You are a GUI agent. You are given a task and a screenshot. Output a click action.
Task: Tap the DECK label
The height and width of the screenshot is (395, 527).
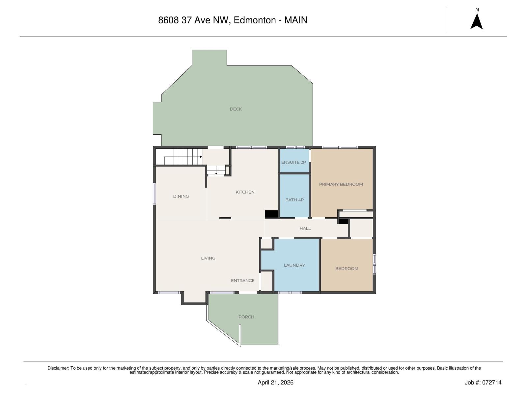click(x=236, y=109)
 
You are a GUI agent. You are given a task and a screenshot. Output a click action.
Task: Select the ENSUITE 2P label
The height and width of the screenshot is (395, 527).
click(x=293, y=162)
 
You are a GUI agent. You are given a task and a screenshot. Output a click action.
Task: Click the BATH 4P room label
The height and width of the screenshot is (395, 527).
click(x=294, y=200)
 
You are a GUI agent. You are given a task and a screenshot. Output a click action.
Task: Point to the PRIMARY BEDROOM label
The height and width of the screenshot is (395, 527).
click(x=341, y=184)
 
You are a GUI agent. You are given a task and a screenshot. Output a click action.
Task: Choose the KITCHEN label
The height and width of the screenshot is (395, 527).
click(x=245, y=192)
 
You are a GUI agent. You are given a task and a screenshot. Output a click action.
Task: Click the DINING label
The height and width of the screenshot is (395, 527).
click(x=181, y=197)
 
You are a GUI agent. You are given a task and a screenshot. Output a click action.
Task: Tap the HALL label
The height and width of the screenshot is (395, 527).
click(x=305, y=228)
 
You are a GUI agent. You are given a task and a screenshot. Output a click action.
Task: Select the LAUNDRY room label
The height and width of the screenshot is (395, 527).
click(x=294, y=265)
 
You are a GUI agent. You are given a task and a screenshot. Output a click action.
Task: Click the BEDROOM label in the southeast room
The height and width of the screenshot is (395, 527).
click(x=347, y=269)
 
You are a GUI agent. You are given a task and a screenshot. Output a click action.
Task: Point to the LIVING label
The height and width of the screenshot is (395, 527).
click(x=208, y=258)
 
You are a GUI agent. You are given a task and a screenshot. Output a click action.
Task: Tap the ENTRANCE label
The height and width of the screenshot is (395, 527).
click(x=243, y=281)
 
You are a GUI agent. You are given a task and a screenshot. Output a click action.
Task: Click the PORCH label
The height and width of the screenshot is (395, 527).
click(x=246, y=317)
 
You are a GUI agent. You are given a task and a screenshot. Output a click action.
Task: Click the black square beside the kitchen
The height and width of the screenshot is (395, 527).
click(x=271, y=214)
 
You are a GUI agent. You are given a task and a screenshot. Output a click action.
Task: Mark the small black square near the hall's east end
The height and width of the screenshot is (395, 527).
click(x=344, y=221)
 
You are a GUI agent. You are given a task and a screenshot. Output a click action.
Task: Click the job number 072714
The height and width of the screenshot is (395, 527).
click(x=492, y=382)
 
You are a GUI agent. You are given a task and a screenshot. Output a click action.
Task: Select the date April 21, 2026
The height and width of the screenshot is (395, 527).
click(x=275, y=382)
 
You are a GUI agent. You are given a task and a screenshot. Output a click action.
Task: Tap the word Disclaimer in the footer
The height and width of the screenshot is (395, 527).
click(x=58, y=368)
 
